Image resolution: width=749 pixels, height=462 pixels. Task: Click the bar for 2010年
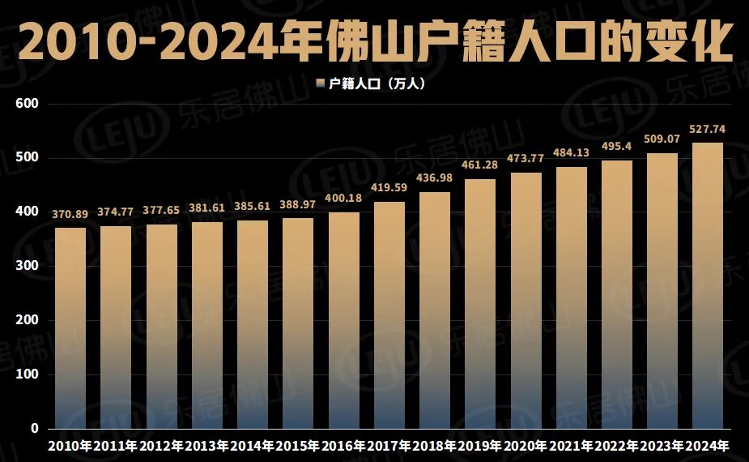pos(70,327)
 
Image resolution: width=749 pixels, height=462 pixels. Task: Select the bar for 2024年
pos(708,285)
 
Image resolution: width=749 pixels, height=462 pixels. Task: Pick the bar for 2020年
pos(526,300)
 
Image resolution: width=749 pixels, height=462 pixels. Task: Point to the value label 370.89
pos(70,215)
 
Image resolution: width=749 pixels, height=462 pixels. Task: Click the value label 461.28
pos(480,165)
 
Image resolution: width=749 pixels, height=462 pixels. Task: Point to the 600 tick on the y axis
pos(28,104)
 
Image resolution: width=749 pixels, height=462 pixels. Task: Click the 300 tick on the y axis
pos(28,266)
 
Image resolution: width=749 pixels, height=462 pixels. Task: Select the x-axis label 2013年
pos(207,447)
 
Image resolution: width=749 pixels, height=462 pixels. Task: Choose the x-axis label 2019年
pos(480,447)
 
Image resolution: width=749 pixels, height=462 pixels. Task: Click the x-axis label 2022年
pos(617,447)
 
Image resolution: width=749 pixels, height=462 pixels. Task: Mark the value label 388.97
pos(298,205)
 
